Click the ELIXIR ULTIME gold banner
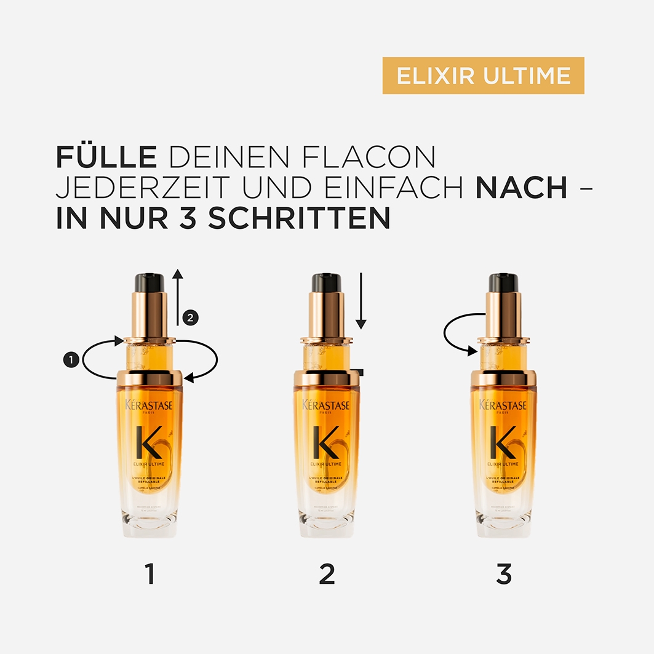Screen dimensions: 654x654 tap(483, 76)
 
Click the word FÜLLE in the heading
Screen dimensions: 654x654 tap(106, 158)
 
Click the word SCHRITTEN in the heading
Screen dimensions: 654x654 tap(298, 218)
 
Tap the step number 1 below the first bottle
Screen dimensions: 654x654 tap(150, 573)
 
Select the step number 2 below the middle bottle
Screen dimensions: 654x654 tap(327, 573)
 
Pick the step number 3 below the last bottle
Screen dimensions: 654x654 tap(504, 573)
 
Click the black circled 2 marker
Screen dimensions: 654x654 tap(190, 317)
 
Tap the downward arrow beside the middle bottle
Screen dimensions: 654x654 tap(361, 301)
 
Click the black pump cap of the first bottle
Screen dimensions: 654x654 tap(150, 283)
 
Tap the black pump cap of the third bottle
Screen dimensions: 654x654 tap(504, 283)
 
